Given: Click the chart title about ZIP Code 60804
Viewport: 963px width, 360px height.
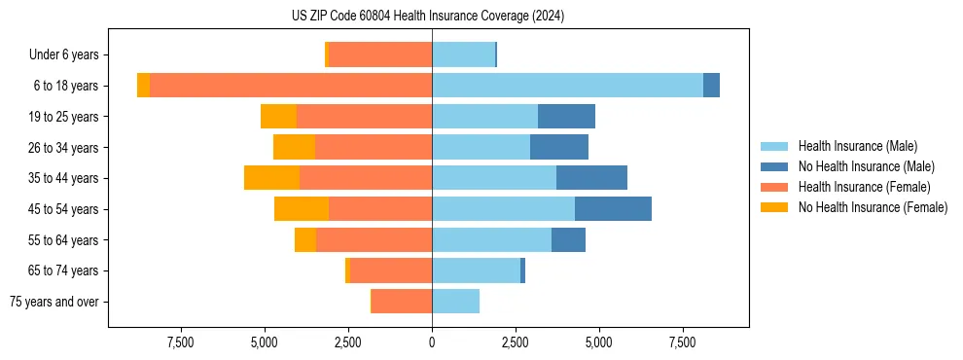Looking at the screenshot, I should (428, 16).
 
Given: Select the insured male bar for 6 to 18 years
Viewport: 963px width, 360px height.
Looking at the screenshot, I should (567, 86).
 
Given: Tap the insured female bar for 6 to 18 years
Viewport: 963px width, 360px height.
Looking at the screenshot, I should (291, 86).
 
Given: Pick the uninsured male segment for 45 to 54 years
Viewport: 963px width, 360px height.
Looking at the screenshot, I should (613, 209).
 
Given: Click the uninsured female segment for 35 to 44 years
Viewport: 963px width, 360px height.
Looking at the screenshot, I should (271, 178).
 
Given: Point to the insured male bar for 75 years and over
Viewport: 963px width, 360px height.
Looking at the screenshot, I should (455, 302).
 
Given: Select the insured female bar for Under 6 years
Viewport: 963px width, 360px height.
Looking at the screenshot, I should (380, 54).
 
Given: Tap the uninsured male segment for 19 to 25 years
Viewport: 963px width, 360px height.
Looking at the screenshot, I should (566, 117).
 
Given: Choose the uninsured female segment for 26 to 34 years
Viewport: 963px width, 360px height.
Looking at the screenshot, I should (294, 147).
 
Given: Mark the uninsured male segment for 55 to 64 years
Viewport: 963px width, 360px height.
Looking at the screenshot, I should (568, 239).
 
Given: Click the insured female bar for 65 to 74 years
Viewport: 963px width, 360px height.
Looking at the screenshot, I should (391, 270).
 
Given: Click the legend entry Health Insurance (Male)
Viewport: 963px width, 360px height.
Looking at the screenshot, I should (856, 146).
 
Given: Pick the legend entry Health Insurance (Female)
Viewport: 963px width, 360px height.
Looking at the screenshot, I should (864, 187).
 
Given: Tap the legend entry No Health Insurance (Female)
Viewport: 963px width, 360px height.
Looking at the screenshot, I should (873, 207).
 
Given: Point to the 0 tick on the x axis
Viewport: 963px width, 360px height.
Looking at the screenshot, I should (432, 342).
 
